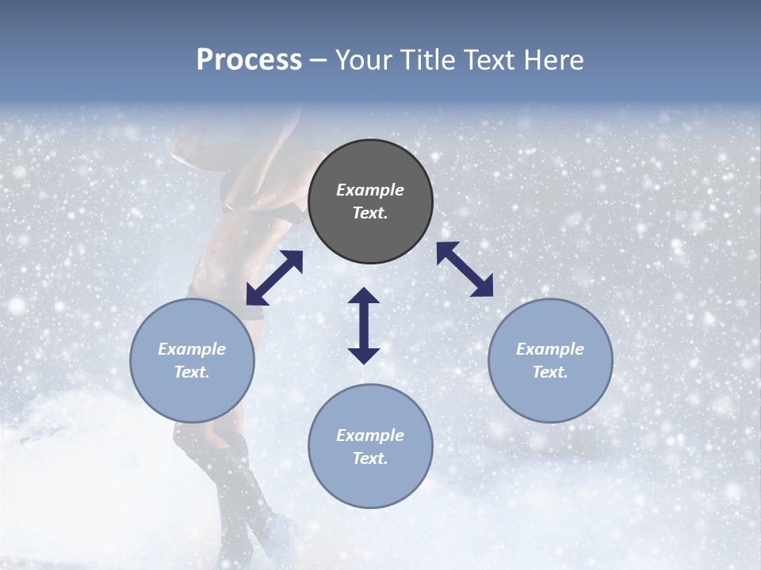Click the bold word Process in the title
coord(249,60)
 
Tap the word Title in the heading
coord(432,60)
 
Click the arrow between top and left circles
coord(274,278)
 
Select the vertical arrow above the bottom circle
coord(364,325)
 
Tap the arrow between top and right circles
coord(465,269)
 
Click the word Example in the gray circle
coord(370,190)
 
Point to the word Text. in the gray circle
coord(370,213)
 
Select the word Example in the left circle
coord(192,349)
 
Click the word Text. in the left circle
coord(192,372)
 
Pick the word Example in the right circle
coord(550,349)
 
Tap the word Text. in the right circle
coord(550,372)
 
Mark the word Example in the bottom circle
coord(370,435)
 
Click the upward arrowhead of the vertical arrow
coord(364,296)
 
